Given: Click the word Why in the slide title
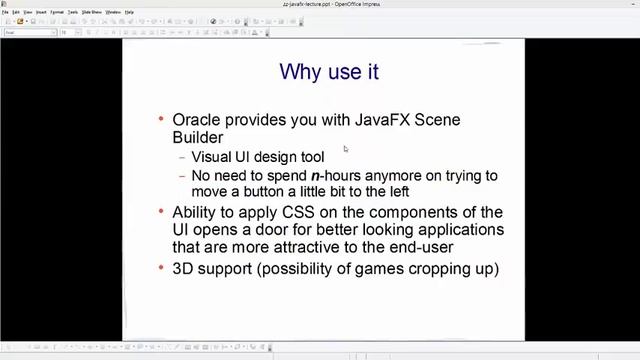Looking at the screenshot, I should pyautogui.click(x=298, y=72).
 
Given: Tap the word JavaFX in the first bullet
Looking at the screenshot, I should pyautogui.click(x=381, y=120).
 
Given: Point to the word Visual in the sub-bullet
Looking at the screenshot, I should pyautogui.click(x=211, y=157).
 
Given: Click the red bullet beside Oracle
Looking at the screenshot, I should pyautogui.click(x=162, y=119).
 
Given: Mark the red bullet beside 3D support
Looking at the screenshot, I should pyautogui.click(x=162, y=268).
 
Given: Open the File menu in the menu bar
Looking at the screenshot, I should pyautogui.click(x=5, y=12).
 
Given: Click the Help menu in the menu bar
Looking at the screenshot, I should pyautogui.click(x=130, y=12).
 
